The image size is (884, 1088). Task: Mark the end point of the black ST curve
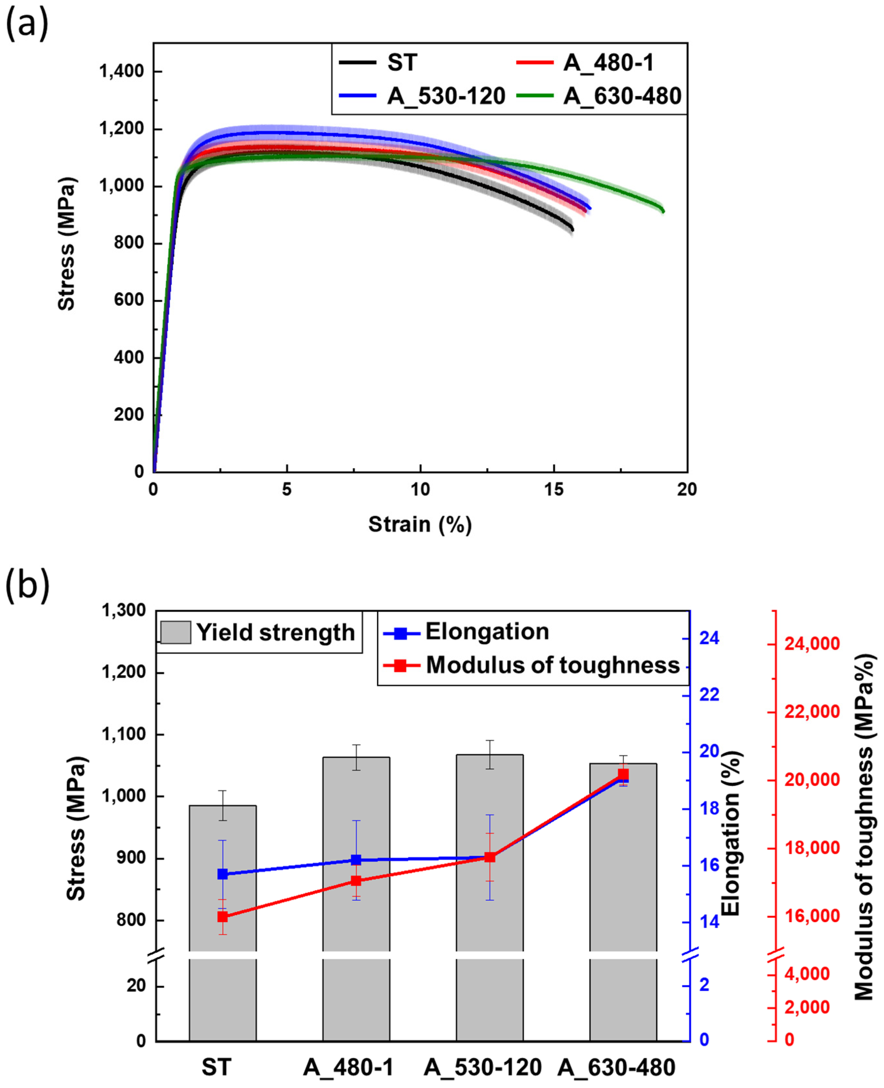click(572, 230)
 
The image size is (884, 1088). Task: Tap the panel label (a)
click(27, 26)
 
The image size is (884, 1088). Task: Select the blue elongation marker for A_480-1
click(356, 860)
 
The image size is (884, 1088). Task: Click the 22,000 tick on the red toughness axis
click(812, 712)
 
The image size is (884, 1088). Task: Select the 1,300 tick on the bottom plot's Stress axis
click(124, 610)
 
